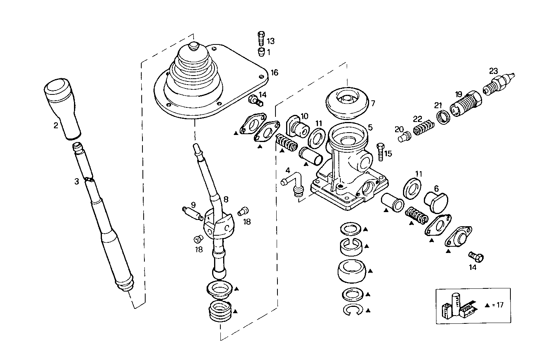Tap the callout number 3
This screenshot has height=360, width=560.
77,181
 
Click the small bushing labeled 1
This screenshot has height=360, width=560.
260,52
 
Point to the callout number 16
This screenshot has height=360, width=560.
274,73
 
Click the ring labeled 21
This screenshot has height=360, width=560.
444,117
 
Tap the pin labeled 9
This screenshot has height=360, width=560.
192,213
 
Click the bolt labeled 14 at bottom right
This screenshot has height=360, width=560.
477,257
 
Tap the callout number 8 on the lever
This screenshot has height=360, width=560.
226,199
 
